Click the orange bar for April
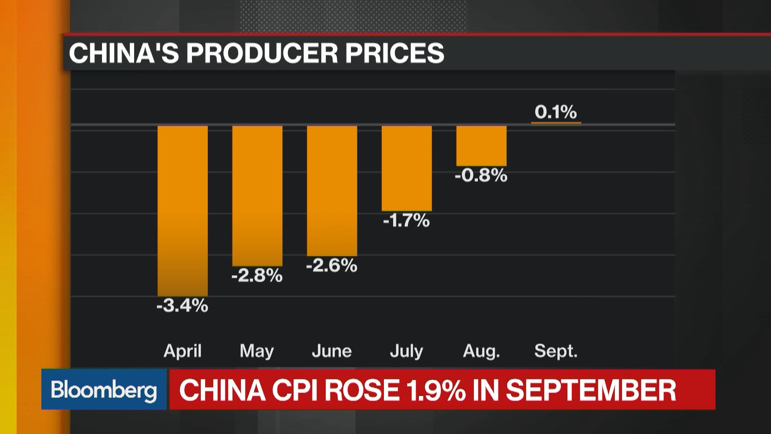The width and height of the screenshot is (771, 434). click(182, 211)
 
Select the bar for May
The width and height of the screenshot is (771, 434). click(257, 196)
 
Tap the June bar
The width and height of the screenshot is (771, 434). click(332, 191)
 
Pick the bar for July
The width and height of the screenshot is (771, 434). click(406, 168)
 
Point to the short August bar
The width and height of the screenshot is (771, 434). click(481, 146)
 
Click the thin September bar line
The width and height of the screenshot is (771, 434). click(556, 123)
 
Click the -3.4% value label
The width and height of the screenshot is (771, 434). click(182, 306)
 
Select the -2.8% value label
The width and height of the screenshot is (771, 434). click(257, 276)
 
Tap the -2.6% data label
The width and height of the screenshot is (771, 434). click(332, 266)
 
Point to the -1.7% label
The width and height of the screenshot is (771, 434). click(406, 221)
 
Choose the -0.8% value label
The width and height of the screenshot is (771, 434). click(481, 176)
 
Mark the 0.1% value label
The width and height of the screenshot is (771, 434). click(556, 112)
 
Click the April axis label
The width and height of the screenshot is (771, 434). click(182, 351)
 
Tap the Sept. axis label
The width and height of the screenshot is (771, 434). click(556, 351)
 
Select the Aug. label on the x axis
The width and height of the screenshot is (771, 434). click(481, 351)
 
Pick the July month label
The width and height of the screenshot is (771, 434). click(406, 351)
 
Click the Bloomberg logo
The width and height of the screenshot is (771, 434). click(104, 390)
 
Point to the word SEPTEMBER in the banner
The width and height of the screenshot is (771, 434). click(591, 390)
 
